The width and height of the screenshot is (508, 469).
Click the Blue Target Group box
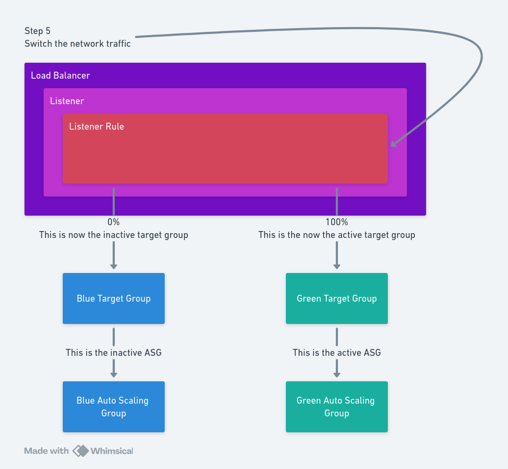113,299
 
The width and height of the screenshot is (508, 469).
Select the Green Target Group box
336,299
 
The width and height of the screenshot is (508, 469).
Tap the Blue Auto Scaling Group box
113,407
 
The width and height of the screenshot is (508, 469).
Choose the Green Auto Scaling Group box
336,407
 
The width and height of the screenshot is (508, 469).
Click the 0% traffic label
113,222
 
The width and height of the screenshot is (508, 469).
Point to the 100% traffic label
336,222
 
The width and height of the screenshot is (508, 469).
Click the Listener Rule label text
96,126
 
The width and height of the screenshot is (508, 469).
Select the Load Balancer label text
60,75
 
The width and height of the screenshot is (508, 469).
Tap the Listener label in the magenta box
67,101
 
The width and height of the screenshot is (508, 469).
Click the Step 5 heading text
38,31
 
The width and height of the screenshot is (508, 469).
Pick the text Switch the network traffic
78,44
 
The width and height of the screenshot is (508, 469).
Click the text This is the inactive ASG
113,352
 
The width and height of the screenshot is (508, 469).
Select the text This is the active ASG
336,352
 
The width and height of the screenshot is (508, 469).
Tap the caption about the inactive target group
113,235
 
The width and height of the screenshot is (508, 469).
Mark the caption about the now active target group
336,235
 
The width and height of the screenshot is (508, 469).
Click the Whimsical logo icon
81,451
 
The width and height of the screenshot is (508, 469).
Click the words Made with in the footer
46,451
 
